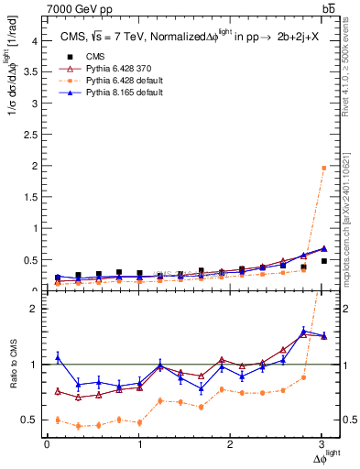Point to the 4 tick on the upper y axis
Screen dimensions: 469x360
[x=34, y=40]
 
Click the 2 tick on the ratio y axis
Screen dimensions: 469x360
[x=34, y=309]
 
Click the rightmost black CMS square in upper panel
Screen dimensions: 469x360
[x=323, y=261]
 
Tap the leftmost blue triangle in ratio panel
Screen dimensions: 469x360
[x=57, y=357]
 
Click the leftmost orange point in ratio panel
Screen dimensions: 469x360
[x=57, y=420]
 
